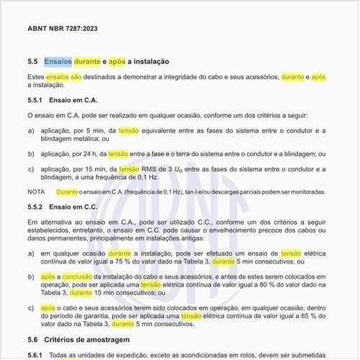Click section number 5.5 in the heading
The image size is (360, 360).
coord(32,62)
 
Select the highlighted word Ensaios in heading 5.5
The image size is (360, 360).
coord(58,62)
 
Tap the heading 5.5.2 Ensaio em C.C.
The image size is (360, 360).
coord(63,207)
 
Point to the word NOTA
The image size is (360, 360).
coord(36,192)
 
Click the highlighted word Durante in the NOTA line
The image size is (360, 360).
coord(67,192)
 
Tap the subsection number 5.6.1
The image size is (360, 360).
coord(35,355)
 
